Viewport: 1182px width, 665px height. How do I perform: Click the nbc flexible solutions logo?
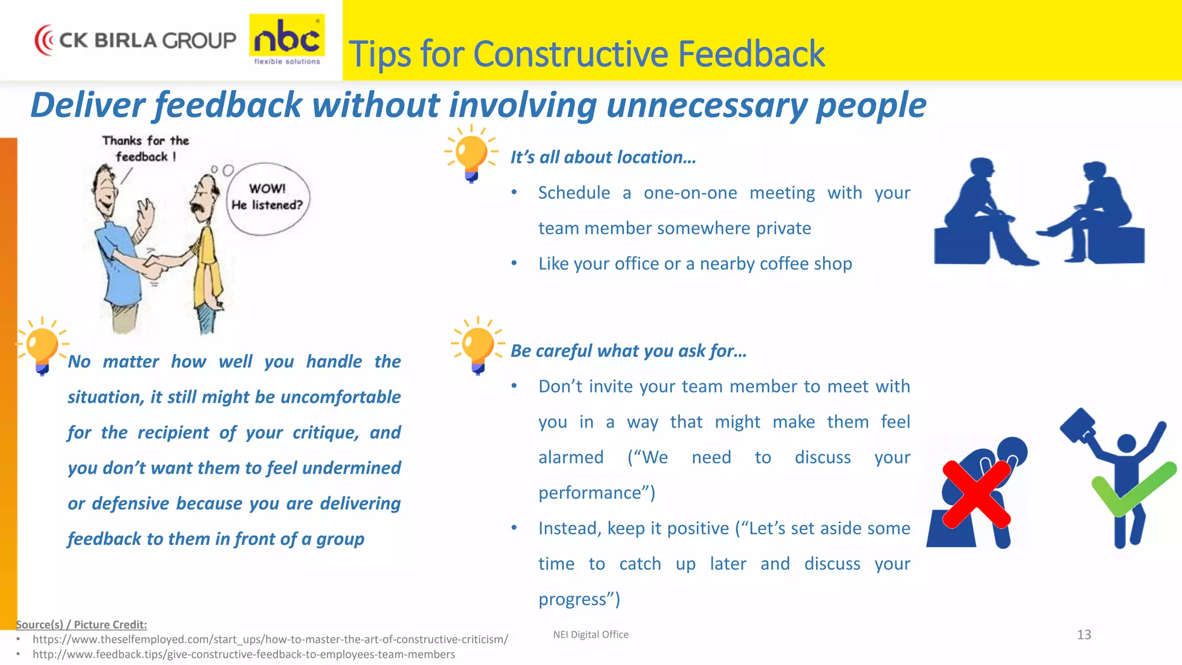pyautogui.click(x=287, y=39)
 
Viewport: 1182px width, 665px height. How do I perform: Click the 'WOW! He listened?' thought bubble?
pyautogui.click(x=267, y=198)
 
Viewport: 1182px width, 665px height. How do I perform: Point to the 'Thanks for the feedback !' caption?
pyautogui.click(x=145, y=148)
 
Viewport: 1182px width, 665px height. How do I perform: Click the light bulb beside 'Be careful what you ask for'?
pyautogui.click(x=478, y=346)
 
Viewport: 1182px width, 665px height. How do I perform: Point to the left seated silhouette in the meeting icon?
pyautogui.click(x=975, y=214)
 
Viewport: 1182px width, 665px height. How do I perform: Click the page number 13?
pyautogui.click(x=1084, y=635)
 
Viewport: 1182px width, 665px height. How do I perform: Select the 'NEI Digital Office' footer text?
pyautogui.click(x=590, y=634)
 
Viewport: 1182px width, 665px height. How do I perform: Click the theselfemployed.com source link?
pyautogui.click(x=270, y=640)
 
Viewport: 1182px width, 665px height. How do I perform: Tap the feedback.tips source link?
pyautogui.click(x=244, y=655)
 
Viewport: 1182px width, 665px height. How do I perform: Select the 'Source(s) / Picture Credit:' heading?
pyautogui.click(x=81, y=625)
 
